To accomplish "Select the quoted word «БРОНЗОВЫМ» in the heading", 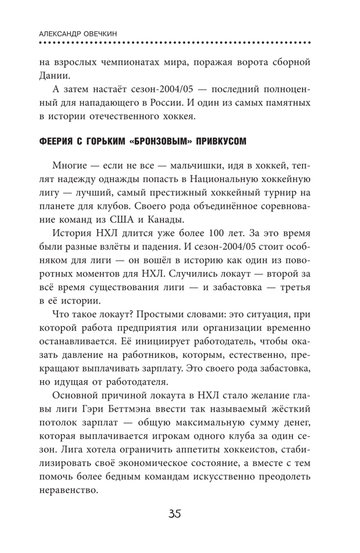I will [x=166, y=142].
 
